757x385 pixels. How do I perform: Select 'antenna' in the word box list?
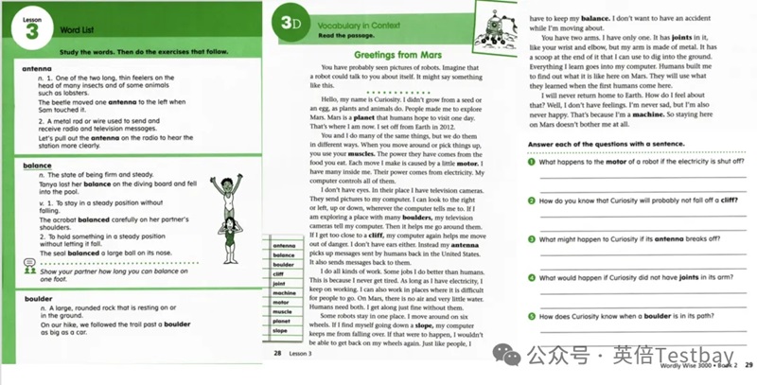coord(283,244)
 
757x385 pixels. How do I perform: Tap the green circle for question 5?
coord(532,315)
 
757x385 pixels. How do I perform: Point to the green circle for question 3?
coord(532,238)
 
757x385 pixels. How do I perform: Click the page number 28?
coord(277,352)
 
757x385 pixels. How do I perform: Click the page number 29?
coord(748,365)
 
